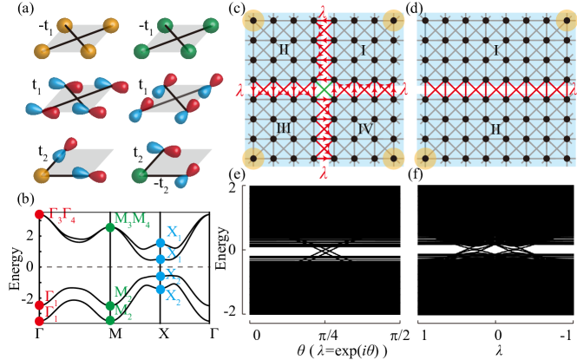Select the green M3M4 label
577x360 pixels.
click(x=132, y=219)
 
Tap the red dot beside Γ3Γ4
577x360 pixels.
click(x=39, y=213)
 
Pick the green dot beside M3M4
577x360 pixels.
click(x=110, y=227)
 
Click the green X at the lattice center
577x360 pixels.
click(x=324, y=89)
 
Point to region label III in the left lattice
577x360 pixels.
click(x=283, y=128)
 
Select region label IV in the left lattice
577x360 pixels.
click(x=365, y=128)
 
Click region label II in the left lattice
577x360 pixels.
click(x=283, y=50)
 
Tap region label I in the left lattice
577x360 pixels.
click(x=364, y=50)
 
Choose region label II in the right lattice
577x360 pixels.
click(x=495, y=129)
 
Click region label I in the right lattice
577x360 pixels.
click(x=495, y=50)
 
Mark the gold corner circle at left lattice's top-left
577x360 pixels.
click(x=253, y=20)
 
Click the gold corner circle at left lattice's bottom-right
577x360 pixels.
click(x=393, y=159)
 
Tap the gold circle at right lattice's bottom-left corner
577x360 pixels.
click(x=424, y=159)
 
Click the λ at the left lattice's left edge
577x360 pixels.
click(x=239, y=89)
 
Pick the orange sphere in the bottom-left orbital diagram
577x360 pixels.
click(x=42, y=175)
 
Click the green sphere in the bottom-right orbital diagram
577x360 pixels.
click(x=140, y=175)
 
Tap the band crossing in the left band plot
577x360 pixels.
click(x=325, y=251)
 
